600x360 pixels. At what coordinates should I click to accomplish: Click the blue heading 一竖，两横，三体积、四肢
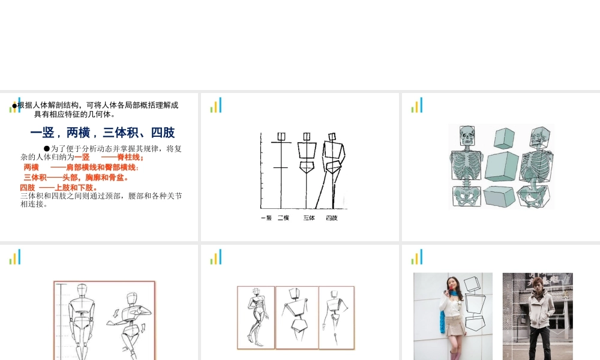click(x=103, y=133)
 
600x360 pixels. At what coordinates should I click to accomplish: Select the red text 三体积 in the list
click(x=35, y=178)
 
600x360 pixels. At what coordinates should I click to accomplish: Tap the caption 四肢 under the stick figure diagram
click(x=332, y=218)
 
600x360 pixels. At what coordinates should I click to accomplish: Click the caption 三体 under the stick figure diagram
click(x=309, y=218)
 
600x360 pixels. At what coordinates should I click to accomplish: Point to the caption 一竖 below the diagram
click(x=266, y=218)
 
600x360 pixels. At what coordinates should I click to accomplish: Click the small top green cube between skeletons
click(x=505, y=137)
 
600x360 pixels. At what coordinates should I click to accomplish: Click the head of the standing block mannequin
click(x=82, y=292)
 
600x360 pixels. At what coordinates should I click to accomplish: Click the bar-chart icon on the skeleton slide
click(x=417, y=106)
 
